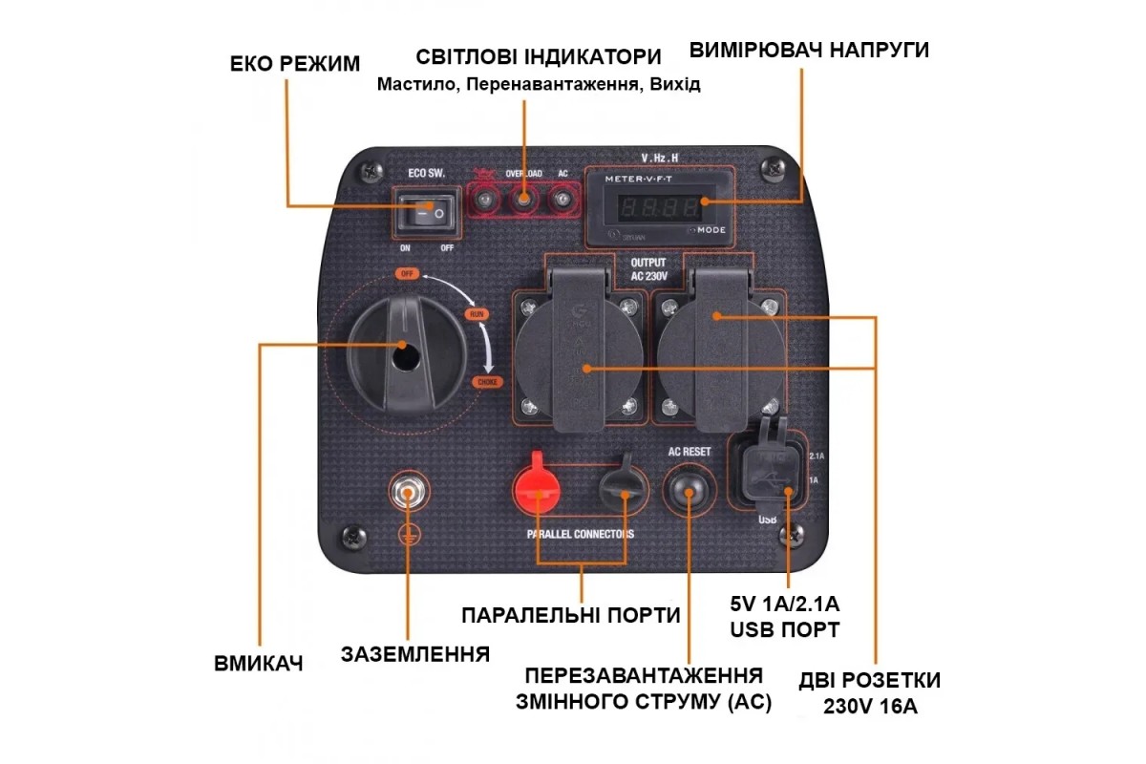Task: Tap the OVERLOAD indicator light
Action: point(523,200)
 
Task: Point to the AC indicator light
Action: point(563,200)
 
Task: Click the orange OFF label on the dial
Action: point(408,274)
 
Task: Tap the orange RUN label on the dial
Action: point(475,313)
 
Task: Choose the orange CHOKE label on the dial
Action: point(486,382)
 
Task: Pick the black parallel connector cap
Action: point(622,487)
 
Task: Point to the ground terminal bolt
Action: point(409,494)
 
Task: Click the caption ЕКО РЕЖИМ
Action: point(295,64)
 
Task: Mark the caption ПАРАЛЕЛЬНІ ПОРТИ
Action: point(571,615)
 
